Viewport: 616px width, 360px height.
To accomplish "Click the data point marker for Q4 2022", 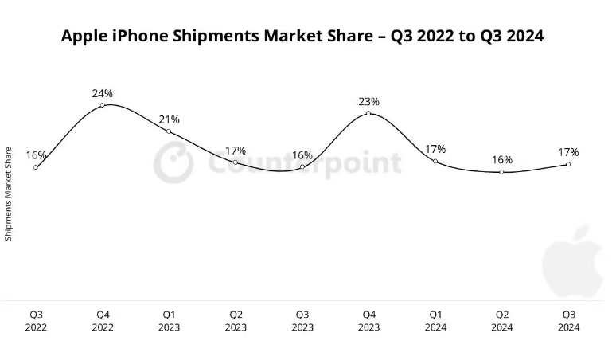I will (x=103, y=105).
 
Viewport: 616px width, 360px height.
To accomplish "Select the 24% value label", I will (x=102, y=93).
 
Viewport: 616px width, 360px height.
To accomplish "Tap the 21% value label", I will (x=169, y=119).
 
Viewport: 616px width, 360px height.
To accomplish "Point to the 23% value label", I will (x=368, y=102).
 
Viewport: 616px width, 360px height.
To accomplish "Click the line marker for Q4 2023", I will (x=368, y=114).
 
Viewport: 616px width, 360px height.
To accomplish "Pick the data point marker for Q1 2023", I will (x=169, y=131).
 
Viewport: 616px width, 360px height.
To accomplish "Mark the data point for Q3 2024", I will (x=568, y=164).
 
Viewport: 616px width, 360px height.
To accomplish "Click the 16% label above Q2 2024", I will (x=501, y=159).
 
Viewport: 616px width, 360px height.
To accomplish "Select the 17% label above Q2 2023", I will (x=236, y=151).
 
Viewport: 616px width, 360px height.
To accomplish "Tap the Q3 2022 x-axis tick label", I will (x=36, y=320).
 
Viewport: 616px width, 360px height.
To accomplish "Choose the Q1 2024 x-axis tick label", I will (x=435, y=320).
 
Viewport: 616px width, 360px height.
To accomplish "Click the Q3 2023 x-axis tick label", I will (x=302, y=320).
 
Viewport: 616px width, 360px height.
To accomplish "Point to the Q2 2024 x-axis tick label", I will (x=501, y=320).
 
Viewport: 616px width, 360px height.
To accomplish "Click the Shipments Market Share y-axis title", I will (x=9, y=194).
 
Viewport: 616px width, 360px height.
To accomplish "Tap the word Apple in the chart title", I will (x=87, y=37).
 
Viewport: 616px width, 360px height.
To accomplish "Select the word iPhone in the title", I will (x=144, y=37).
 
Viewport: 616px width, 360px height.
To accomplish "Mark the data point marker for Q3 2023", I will (x=302, y=167).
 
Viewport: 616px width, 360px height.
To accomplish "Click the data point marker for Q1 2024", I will (x=435, y=161).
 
